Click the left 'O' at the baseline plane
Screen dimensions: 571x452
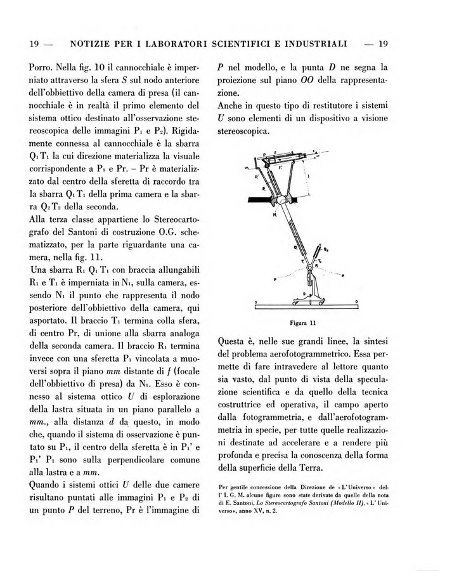[255, 301]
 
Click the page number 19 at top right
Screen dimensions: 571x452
[382, 44]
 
